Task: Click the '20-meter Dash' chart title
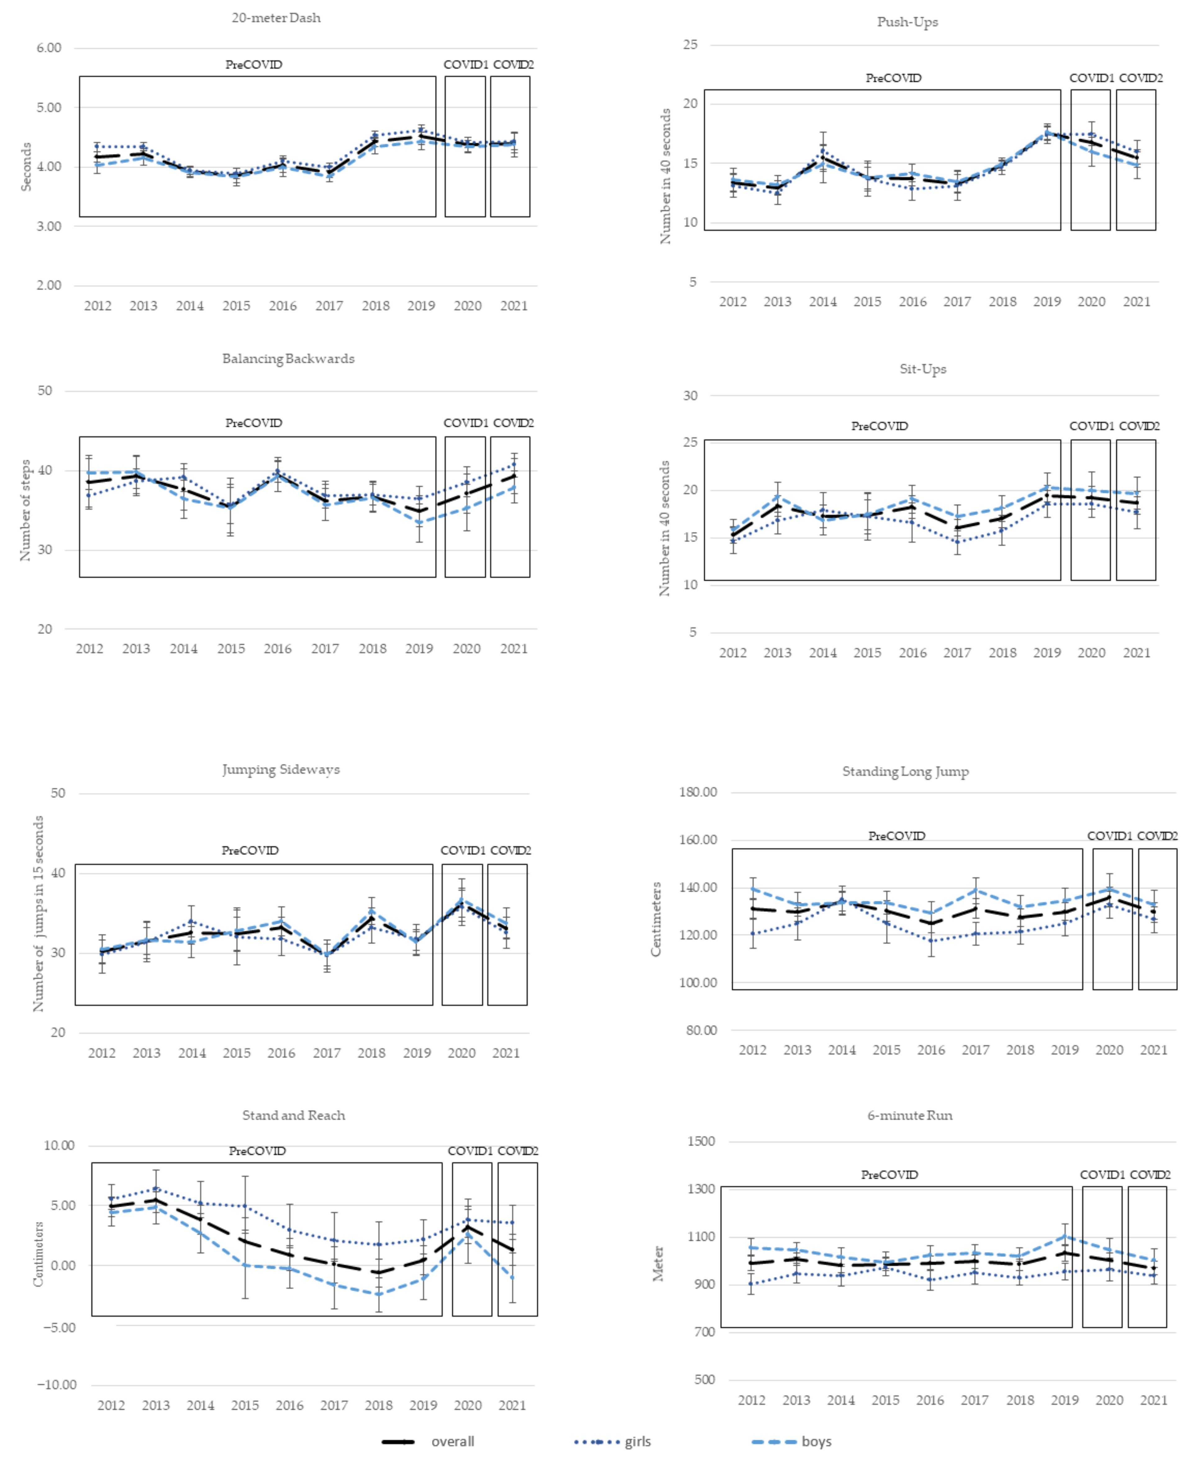[276, 18]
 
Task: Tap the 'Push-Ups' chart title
[907, 22]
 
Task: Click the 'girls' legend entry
[637, 1442]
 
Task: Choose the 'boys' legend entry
[816, 1442]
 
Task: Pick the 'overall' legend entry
[452, 1442]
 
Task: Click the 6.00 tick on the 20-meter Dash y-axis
[49, 48]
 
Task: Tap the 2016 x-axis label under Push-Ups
[912, 302]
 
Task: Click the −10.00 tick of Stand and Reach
[57, 1385]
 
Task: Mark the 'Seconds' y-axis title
[26, 166]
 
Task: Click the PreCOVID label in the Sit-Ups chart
[879, 426]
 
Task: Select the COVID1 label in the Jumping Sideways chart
[462, 851]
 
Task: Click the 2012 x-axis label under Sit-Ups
[733, 653]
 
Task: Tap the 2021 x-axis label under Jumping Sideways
[506, 1053]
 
